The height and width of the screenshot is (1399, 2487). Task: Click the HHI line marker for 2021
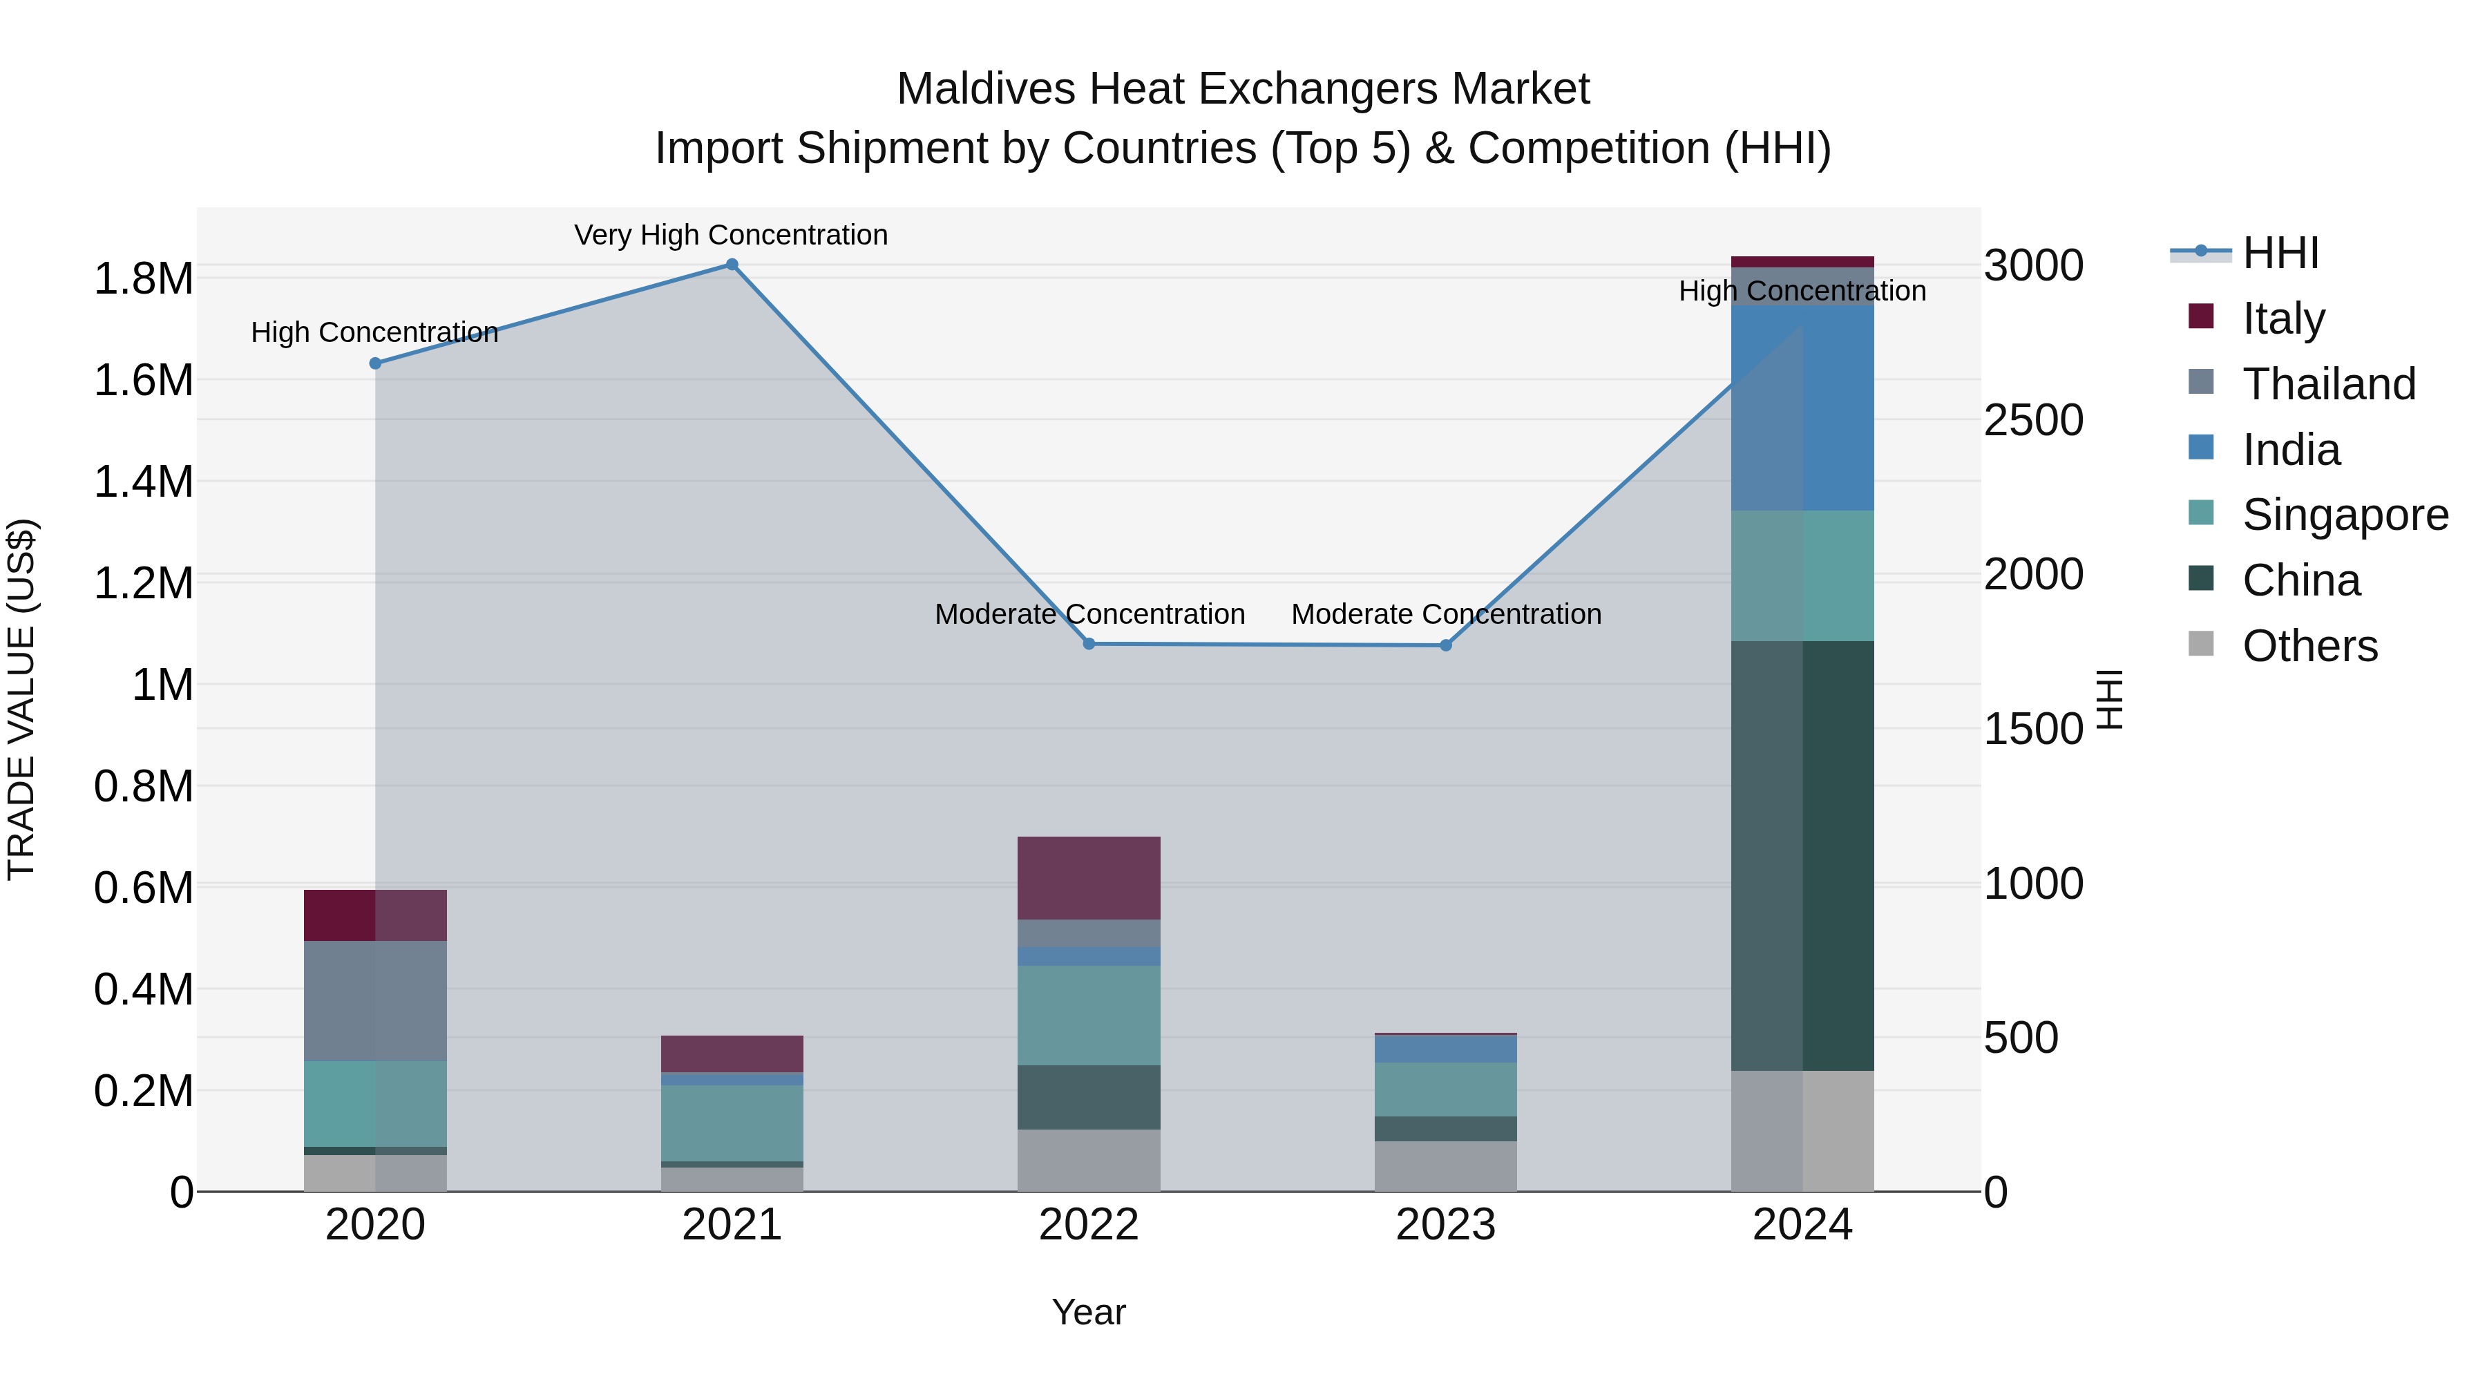(x=732, y=265)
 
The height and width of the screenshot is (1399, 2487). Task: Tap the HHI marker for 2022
(x=1089, y=644)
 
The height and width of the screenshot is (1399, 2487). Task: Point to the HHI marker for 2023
(x=1445, y=646)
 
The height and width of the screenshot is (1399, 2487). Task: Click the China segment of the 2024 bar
(x=1802, y=855)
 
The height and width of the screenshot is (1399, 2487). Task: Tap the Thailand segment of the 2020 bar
(x=376, y=1000)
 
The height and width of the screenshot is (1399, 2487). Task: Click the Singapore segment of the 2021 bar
(x=732, y=1123)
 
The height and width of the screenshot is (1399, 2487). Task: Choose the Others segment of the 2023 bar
(x=1445, y=1165)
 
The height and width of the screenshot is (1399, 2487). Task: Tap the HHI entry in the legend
(x=2280, y=253)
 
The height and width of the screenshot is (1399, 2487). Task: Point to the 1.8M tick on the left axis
(x=143, y=279)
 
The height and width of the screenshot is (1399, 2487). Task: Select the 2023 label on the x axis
(x=1445, y=1225)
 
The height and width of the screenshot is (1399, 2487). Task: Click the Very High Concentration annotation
(x=731, y=235)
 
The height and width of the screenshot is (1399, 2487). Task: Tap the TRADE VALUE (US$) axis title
(x=21, y=699)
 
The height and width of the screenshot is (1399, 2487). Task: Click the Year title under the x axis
(x=1089, y=1312)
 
